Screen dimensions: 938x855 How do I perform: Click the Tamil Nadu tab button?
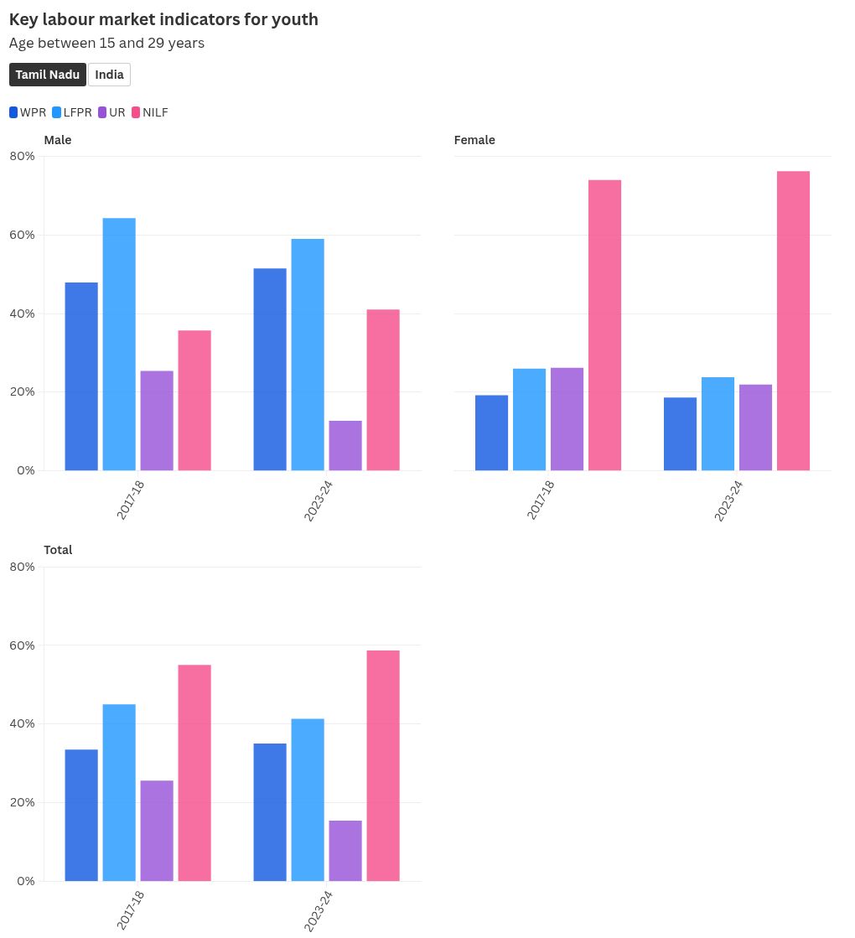[x=48, y=75]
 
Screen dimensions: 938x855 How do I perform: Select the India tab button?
[x=109, y=75]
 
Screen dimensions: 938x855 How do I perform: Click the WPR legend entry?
[x=28, y=112]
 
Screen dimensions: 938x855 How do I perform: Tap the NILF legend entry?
[x=150, y=112]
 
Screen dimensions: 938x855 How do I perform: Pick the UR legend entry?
[x=111, y=112]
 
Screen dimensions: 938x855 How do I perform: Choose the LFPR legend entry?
[x=72, y=112]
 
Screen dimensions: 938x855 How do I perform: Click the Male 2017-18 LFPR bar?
[x=119, y=344]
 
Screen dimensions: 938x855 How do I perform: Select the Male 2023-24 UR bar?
[x=345, y=445]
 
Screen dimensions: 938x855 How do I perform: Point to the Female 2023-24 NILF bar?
[x=793, y=320]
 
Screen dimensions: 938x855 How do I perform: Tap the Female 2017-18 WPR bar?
[x=491, y=433]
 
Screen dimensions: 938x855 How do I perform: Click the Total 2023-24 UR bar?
[x=345, y=850]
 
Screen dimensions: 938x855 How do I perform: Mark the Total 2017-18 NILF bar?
[x=194, y=772]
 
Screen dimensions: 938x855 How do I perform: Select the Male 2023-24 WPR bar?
[x=270, y=369]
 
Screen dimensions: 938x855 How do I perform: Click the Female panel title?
[x=474, y=140]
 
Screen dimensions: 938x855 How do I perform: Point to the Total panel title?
[x=58, y=550]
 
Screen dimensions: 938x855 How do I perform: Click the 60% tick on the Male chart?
[x=23, y=235]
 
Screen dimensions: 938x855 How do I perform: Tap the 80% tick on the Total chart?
[x=23, y=567]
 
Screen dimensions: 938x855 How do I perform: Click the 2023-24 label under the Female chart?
[x=729, y=501]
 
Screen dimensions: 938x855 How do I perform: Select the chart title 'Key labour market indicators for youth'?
[x=163, y=19]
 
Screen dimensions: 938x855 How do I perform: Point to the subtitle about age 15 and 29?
[x=106, y=43]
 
